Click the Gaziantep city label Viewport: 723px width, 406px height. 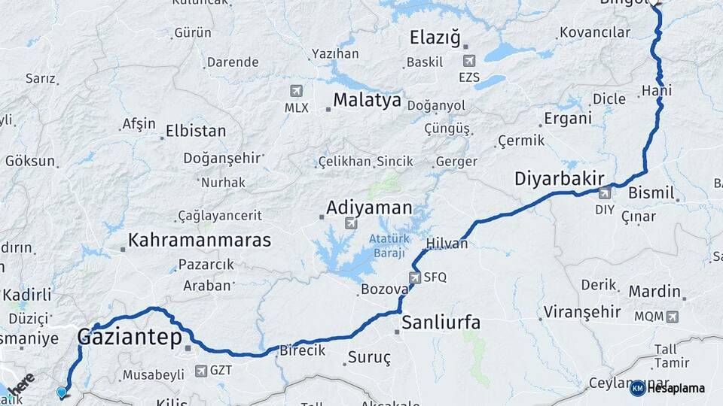pos(130,338)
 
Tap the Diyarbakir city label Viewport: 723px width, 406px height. pos(559,179)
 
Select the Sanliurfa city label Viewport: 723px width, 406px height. pos(441,323)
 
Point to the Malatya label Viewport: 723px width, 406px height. pos(368,101)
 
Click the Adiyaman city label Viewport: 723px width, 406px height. pos(369,208)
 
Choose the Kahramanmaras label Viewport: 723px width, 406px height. pos(200,241)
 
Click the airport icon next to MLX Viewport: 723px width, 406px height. pos(296,91)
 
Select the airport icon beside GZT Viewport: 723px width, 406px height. pos(201,371)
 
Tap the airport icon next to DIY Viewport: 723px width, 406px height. pos(604,193)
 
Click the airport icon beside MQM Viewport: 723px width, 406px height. pos(672,317)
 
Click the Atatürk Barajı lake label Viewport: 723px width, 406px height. pos(386,246)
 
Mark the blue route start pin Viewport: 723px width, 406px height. pos(62,392)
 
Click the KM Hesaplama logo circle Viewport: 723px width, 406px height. pos(637,388)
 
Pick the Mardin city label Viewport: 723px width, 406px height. pos(654,291)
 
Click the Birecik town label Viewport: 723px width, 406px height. pos(302,350)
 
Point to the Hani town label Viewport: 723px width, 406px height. pos(656,91)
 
